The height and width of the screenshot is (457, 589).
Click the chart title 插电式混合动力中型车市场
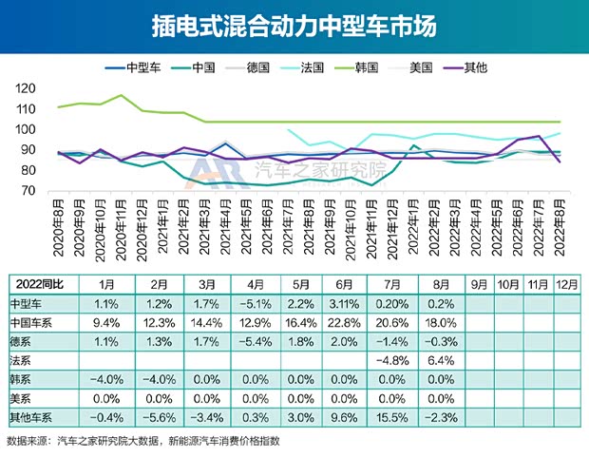(x=294, y=26)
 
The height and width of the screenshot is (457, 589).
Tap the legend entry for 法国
(x=300, y=67)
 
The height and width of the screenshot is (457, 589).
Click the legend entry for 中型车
(x=134, y=67)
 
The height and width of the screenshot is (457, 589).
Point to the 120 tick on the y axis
(x=26, y=88)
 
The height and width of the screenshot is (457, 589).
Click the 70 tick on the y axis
(x=26, y=192)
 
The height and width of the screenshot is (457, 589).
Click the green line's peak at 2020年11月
(x=122, y=95)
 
